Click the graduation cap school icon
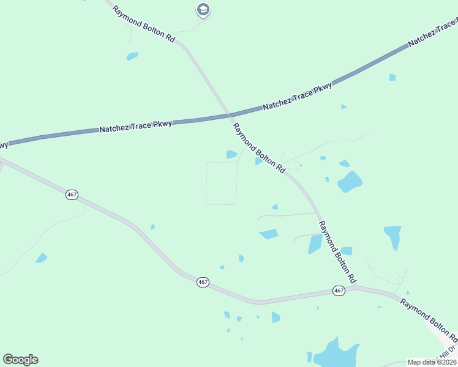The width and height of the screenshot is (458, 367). tap(203, 10)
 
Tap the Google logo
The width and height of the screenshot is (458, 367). tap(20, 360)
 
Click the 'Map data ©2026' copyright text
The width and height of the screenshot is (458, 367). tap(432, 362)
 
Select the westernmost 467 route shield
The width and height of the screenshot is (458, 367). tap(72, 195)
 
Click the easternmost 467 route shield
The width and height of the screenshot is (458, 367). tap(339, 291)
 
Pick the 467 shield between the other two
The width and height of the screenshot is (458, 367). tap(203, 282)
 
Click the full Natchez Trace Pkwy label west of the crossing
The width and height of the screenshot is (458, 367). tap(136, 126)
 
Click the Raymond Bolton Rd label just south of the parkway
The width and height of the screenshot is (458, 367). tap(259, 147)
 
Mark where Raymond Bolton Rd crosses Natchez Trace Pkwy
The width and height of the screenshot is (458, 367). tap(230, 114)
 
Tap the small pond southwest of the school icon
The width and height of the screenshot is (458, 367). tap(132, 57)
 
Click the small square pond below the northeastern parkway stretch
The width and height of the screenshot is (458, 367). tap(392, 77)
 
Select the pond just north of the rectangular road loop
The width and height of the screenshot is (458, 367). tap(231, 155)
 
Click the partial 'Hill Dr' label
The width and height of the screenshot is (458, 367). tap(449, 352)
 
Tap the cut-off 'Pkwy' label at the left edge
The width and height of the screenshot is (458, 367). tap(4, 144)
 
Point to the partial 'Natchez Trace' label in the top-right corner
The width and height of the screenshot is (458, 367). tap(433, 34)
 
